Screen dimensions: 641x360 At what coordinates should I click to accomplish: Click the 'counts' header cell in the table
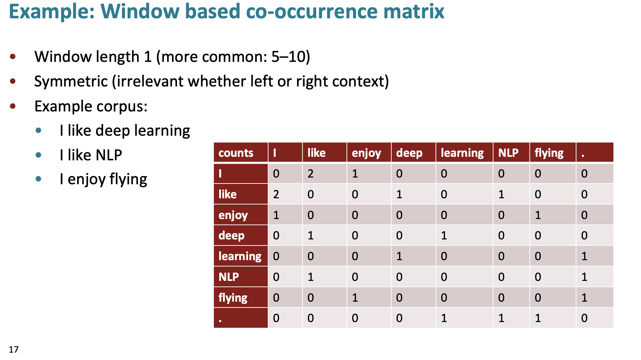point(241,153)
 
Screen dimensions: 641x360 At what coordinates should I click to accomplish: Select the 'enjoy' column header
point(369,153)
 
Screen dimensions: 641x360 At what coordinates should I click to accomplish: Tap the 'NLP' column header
point(511,153)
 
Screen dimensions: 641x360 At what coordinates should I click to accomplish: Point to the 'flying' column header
point(553,153)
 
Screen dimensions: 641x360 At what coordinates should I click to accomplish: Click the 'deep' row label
point(241,235)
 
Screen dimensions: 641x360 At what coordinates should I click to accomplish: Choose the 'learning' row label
point(241,256)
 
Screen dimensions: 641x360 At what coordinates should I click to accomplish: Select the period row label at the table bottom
point(241,318)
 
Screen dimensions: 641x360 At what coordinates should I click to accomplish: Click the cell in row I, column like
point(324,173)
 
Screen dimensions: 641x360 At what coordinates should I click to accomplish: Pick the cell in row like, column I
point(285,194)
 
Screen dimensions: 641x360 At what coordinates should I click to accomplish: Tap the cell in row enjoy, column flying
point(553,215)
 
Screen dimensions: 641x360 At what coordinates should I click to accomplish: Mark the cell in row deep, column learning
point(464,235)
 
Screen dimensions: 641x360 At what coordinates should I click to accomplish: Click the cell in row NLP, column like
point(324,277)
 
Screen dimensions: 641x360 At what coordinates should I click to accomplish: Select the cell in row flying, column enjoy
point(369,297)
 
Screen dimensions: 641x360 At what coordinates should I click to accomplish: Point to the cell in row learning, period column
point(595,256)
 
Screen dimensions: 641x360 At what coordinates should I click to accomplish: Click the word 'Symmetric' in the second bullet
point(71,82)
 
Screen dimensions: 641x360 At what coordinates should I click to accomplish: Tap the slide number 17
point(14,349)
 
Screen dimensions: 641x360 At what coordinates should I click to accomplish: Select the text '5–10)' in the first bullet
point(291,57)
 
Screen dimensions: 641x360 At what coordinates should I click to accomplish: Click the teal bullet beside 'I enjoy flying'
point(38,179)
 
